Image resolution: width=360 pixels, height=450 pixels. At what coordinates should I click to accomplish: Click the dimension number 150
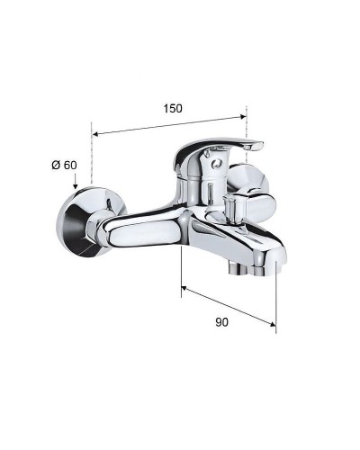(173, 108)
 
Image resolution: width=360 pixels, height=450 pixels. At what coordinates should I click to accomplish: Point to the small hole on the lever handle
(213, 163)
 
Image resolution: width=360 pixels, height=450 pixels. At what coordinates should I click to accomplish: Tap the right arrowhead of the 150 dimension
(242, 115)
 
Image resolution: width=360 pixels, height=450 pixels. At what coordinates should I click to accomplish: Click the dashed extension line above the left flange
(91, 162)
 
